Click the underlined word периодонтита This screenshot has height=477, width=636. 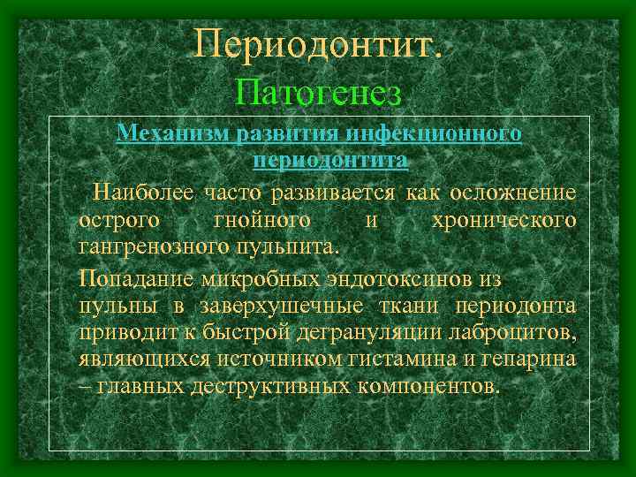tap(330, 162)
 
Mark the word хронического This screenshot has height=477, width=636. tap(504, 219)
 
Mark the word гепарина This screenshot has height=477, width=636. tap(536, 360)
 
